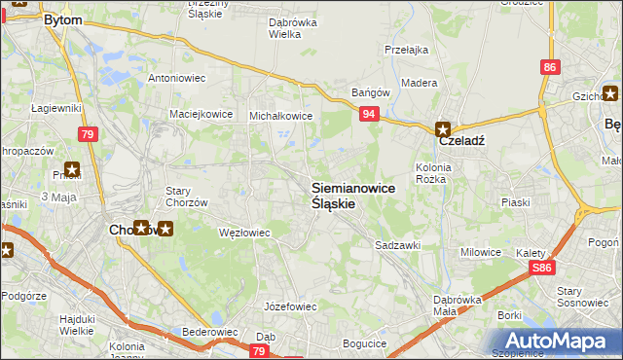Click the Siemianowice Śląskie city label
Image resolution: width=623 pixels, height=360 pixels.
(x=352, y=196)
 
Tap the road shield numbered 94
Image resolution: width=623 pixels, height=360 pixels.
(x=369, y=114)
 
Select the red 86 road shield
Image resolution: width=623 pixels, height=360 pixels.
(x=551, y=67)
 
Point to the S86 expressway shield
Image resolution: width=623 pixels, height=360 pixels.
(x=542, y=268)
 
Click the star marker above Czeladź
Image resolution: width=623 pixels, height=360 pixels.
(x=443, y=127)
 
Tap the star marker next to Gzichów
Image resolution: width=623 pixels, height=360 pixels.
(x=610, y=94)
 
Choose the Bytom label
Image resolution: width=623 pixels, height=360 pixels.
(x=62, y=19)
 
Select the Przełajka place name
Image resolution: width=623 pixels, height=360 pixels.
(x=407, y=49)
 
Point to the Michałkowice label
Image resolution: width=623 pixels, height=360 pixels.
(x=280, y=115)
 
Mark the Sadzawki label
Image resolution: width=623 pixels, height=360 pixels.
(x=397, y=246)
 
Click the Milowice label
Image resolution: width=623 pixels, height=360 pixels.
(x=481, y=252)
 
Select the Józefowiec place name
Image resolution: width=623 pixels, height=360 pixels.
(x=291, y=306)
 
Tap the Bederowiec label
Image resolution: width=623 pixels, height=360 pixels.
(x=210, y=332)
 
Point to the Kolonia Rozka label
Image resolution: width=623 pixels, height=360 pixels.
(x=430, y=172)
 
